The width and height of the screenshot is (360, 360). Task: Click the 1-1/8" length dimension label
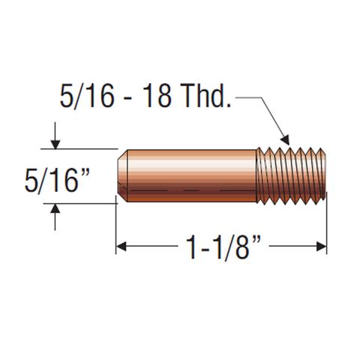[x=221, y=247]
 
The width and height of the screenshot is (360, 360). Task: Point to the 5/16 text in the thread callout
[x=84, y=97]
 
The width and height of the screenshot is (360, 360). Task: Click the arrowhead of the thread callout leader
[x=286, y=139]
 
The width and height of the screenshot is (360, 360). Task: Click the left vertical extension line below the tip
[x=116, y=225]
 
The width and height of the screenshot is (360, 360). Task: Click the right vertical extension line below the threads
[x=327, y=225]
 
